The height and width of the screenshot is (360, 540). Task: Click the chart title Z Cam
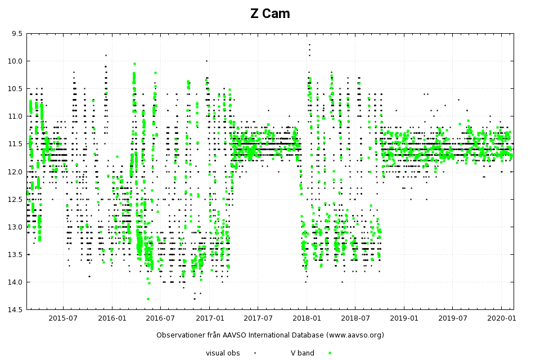coord(270,14)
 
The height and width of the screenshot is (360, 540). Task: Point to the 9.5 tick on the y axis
coord(16,34)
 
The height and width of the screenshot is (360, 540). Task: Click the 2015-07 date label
coord(62,318)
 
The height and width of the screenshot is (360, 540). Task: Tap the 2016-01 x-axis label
coord(111,318)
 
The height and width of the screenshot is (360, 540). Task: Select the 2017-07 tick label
coord(258,318)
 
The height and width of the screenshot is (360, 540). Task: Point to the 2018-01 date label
coord(307,318)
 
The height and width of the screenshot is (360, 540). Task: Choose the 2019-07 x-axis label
coord(453,318)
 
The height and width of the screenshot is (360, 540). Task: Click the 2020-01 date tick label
coord(501,318)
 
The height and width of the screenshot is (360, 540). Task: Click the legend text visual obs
coord(223,353)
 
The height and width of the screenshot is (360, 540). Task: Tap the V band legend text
coord(302,353)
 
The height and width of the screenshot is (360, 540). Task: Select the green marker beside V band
coord(330,353)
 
